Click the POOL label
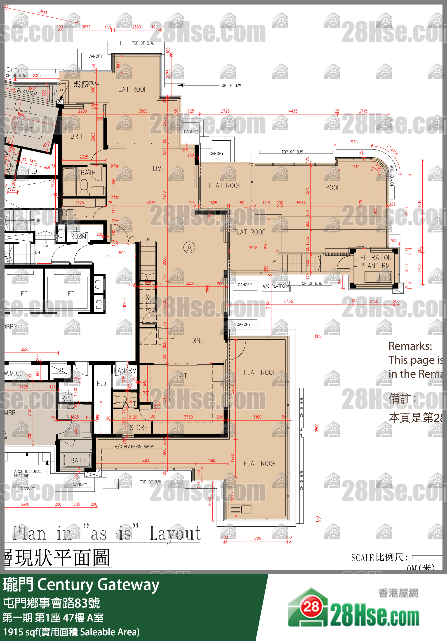pyautogui.click(x=333, y=188)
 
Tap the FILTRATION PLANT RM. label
pyautogui.click(x=376, y=262)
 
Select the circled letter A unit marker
pyautogui.click(x=189, y=247)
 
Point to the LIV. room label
pyautogui.click(x=157, y=169)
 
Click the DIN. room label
pyautogui.click(x=196, y=341)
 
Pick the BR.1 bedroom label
pyautogui.click(x=76, y=137)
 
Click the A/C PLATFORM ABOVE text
pyautogui.click(x=135, y=447)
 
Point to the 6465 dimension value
pyautogui.click(x=289, y=302)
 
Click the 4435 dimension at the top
pyautogui.click(x=293, y=111)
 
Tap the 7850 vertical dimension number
pyautogui.click(x=208, y=289)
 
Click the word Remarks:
pyautogui.click(x=410, y=346)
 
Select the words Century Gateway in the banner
pyautogui.click(x=98, y=585)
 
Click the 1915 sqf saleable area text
pyautogui.click(x=71, y=632)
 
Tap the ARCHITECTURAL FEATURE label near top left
pyautogui.click(x=86, y=85)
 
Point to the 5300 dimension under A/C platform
pyautogui.click(x=146, y=461)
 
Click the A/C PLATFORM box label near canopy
pyautogui.click(x=276, y=286)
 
